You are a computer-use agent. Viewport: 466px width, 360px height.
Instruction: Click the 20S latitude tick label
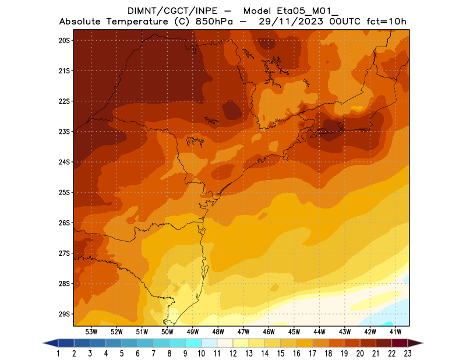(64, 40)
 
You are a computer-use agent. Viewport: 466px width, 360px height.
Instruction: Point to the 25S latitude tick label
(64, 192)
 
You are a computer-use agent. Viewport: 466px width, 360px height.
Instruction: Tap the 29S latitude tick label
(64, 314)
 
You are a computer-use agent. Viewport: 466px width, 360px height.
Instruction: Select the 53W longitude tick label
(91, 331)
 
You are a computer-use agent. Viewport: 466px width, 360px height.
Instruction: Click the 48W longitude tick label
(218, 331)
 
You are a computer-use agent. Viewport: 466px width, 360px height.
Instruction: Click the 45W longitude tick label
(294, 331)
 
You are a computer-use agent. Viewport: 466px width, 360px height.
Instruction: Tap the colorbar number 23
(408, 353)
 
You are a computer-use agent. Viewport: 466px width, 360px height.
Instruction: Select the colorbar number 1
(59, 353)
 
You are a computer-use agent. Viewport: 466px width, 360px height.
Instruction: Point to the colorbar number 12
(234, 353)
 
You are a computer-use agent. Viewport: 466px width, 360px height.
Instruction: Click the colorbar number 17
(313, 353)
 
